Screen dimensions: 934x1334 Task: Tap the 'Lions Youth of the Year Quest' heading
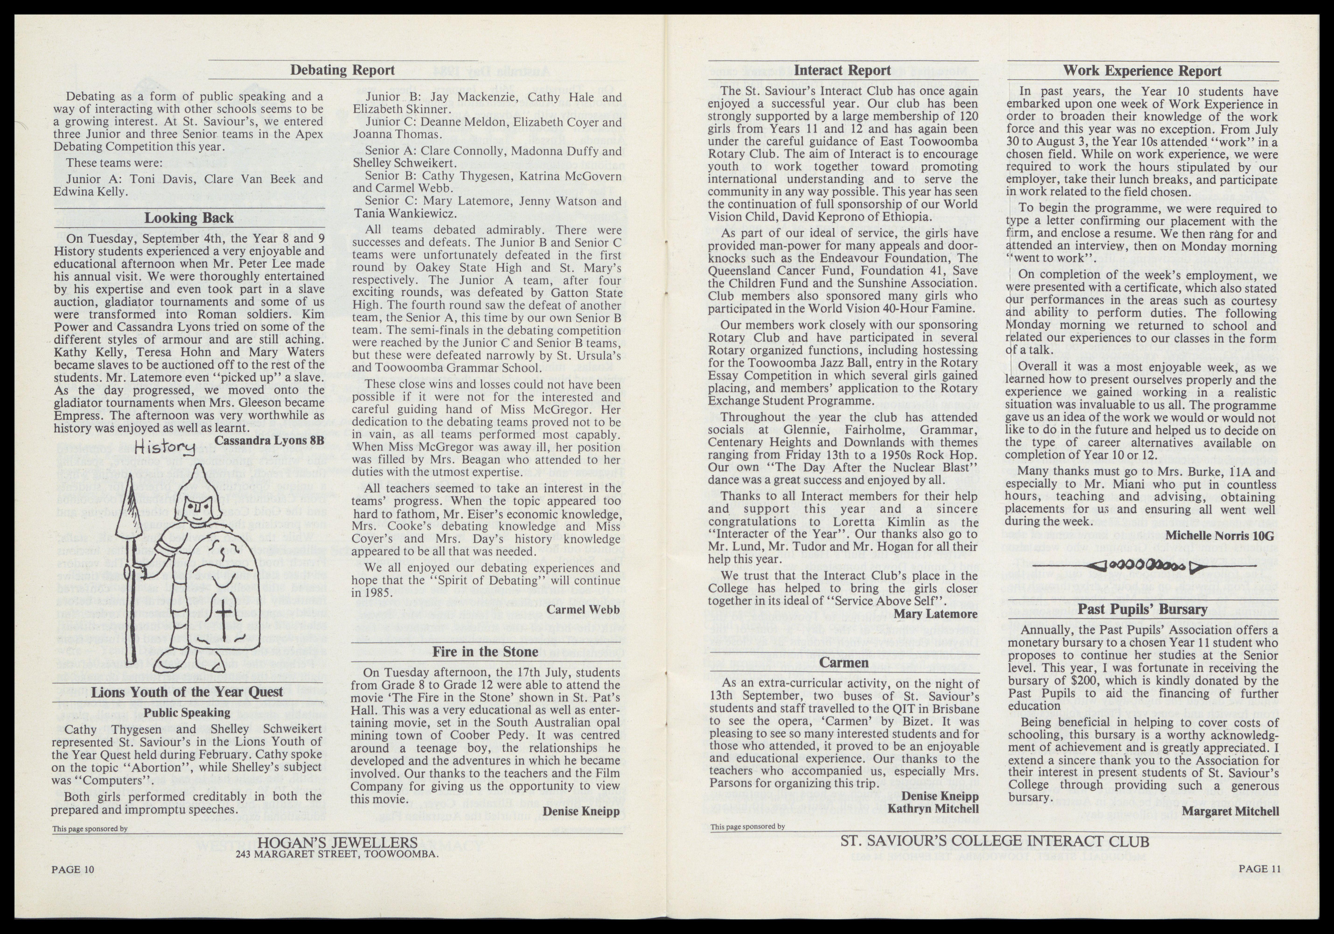[187, 692]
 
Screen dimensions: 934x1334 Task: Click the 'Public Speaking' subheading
[187, 712]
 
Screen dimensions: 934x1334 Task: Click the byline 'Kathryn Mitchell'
[933, 809]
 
